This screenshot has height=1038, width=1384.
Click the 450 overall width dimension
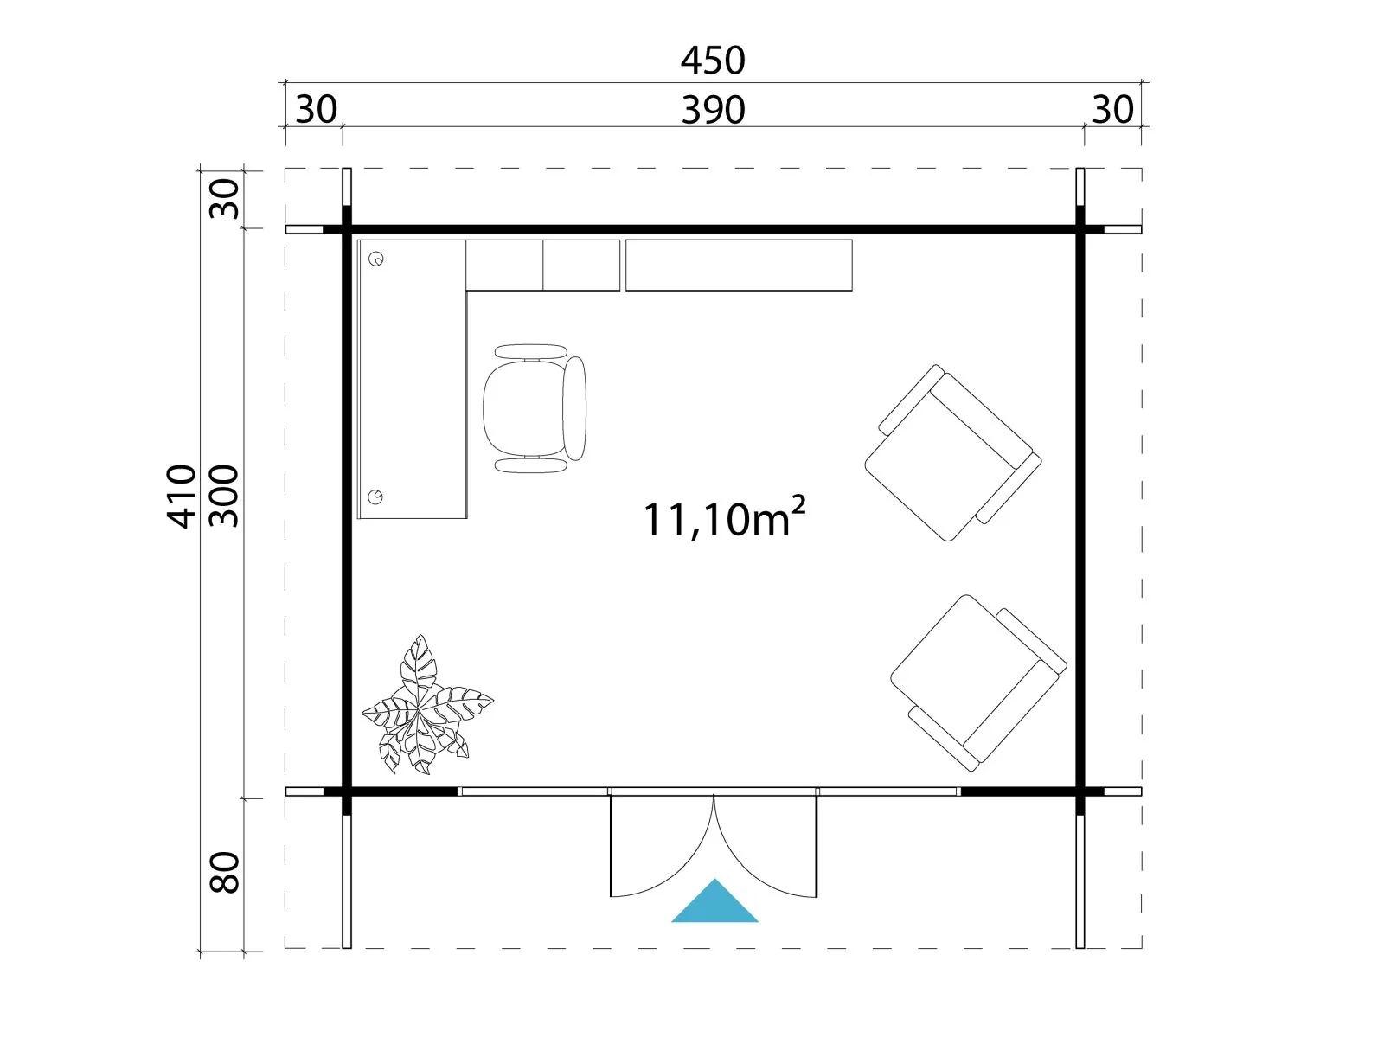tap(713, 61)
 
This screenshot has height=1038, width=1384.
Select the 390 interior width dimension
tap(713, 111)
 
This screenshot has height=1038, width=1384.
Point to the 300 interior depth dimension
tap(224, 496)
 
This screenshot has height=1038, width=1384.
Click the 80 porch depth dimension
tap(224, 872)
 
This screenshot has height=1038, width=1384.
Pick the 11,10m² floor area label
tap(724, 518)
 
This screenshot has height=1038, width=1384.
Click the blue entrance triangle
tap(714, 902)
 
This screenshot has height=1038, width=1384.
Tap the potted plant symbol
tap(426, 706)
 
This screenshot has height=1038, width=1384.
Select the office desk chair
tap(534, 408)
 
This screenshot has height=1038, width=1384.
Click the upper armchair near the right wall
tap(952, 452)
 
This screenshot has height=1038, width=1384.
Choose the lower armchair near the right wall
tap(978, 683)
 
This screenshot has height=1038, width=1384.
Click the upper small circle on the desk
tap(375, 259)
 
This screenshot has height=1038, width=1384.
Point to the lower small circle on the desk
tap(375, 497)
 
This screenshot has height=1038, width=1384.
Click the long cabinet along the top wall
tap(739, 266)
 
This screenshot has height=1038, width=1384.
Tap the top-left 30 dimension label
tap(317, 110)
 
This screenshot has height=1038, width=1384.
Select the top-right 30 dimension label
tap(1113, 110)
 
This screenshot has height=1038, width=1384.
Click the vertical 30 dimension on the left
tap(224, 199)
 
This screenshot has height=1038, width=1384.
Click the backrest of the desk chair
tap(574, 408)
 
